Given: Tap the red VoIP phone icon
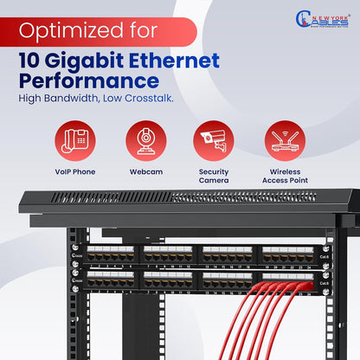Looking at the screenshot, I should [x=74, y=141].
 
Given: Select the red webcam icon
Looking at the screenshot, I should [x=146, y=141].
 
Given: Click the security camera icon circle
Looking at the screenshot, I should [x=214, y=141].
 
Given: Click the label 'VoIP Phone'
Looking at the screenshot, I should [x=74, y=171].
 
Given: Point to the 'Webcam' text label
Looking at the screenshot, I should [x=146, y=171].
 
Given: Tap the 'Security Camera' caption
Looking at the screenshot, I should [x=214, y=177].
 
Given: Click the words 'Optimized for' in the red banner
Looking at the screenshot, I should [x=88, y=31].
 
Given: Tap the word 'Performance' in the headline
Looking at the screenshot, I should [x=89, y=82].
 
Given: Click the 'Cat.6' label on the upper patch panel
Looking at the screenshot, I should [x=325, y=257].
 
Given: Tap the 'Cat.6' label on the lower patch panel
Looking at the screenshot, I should [x=325, y=283].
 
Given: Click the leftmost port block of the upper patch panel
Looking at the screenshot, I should [x=111, y=254].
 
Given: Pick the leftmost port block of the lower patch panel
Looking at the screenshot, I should [x=111, y=280].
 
